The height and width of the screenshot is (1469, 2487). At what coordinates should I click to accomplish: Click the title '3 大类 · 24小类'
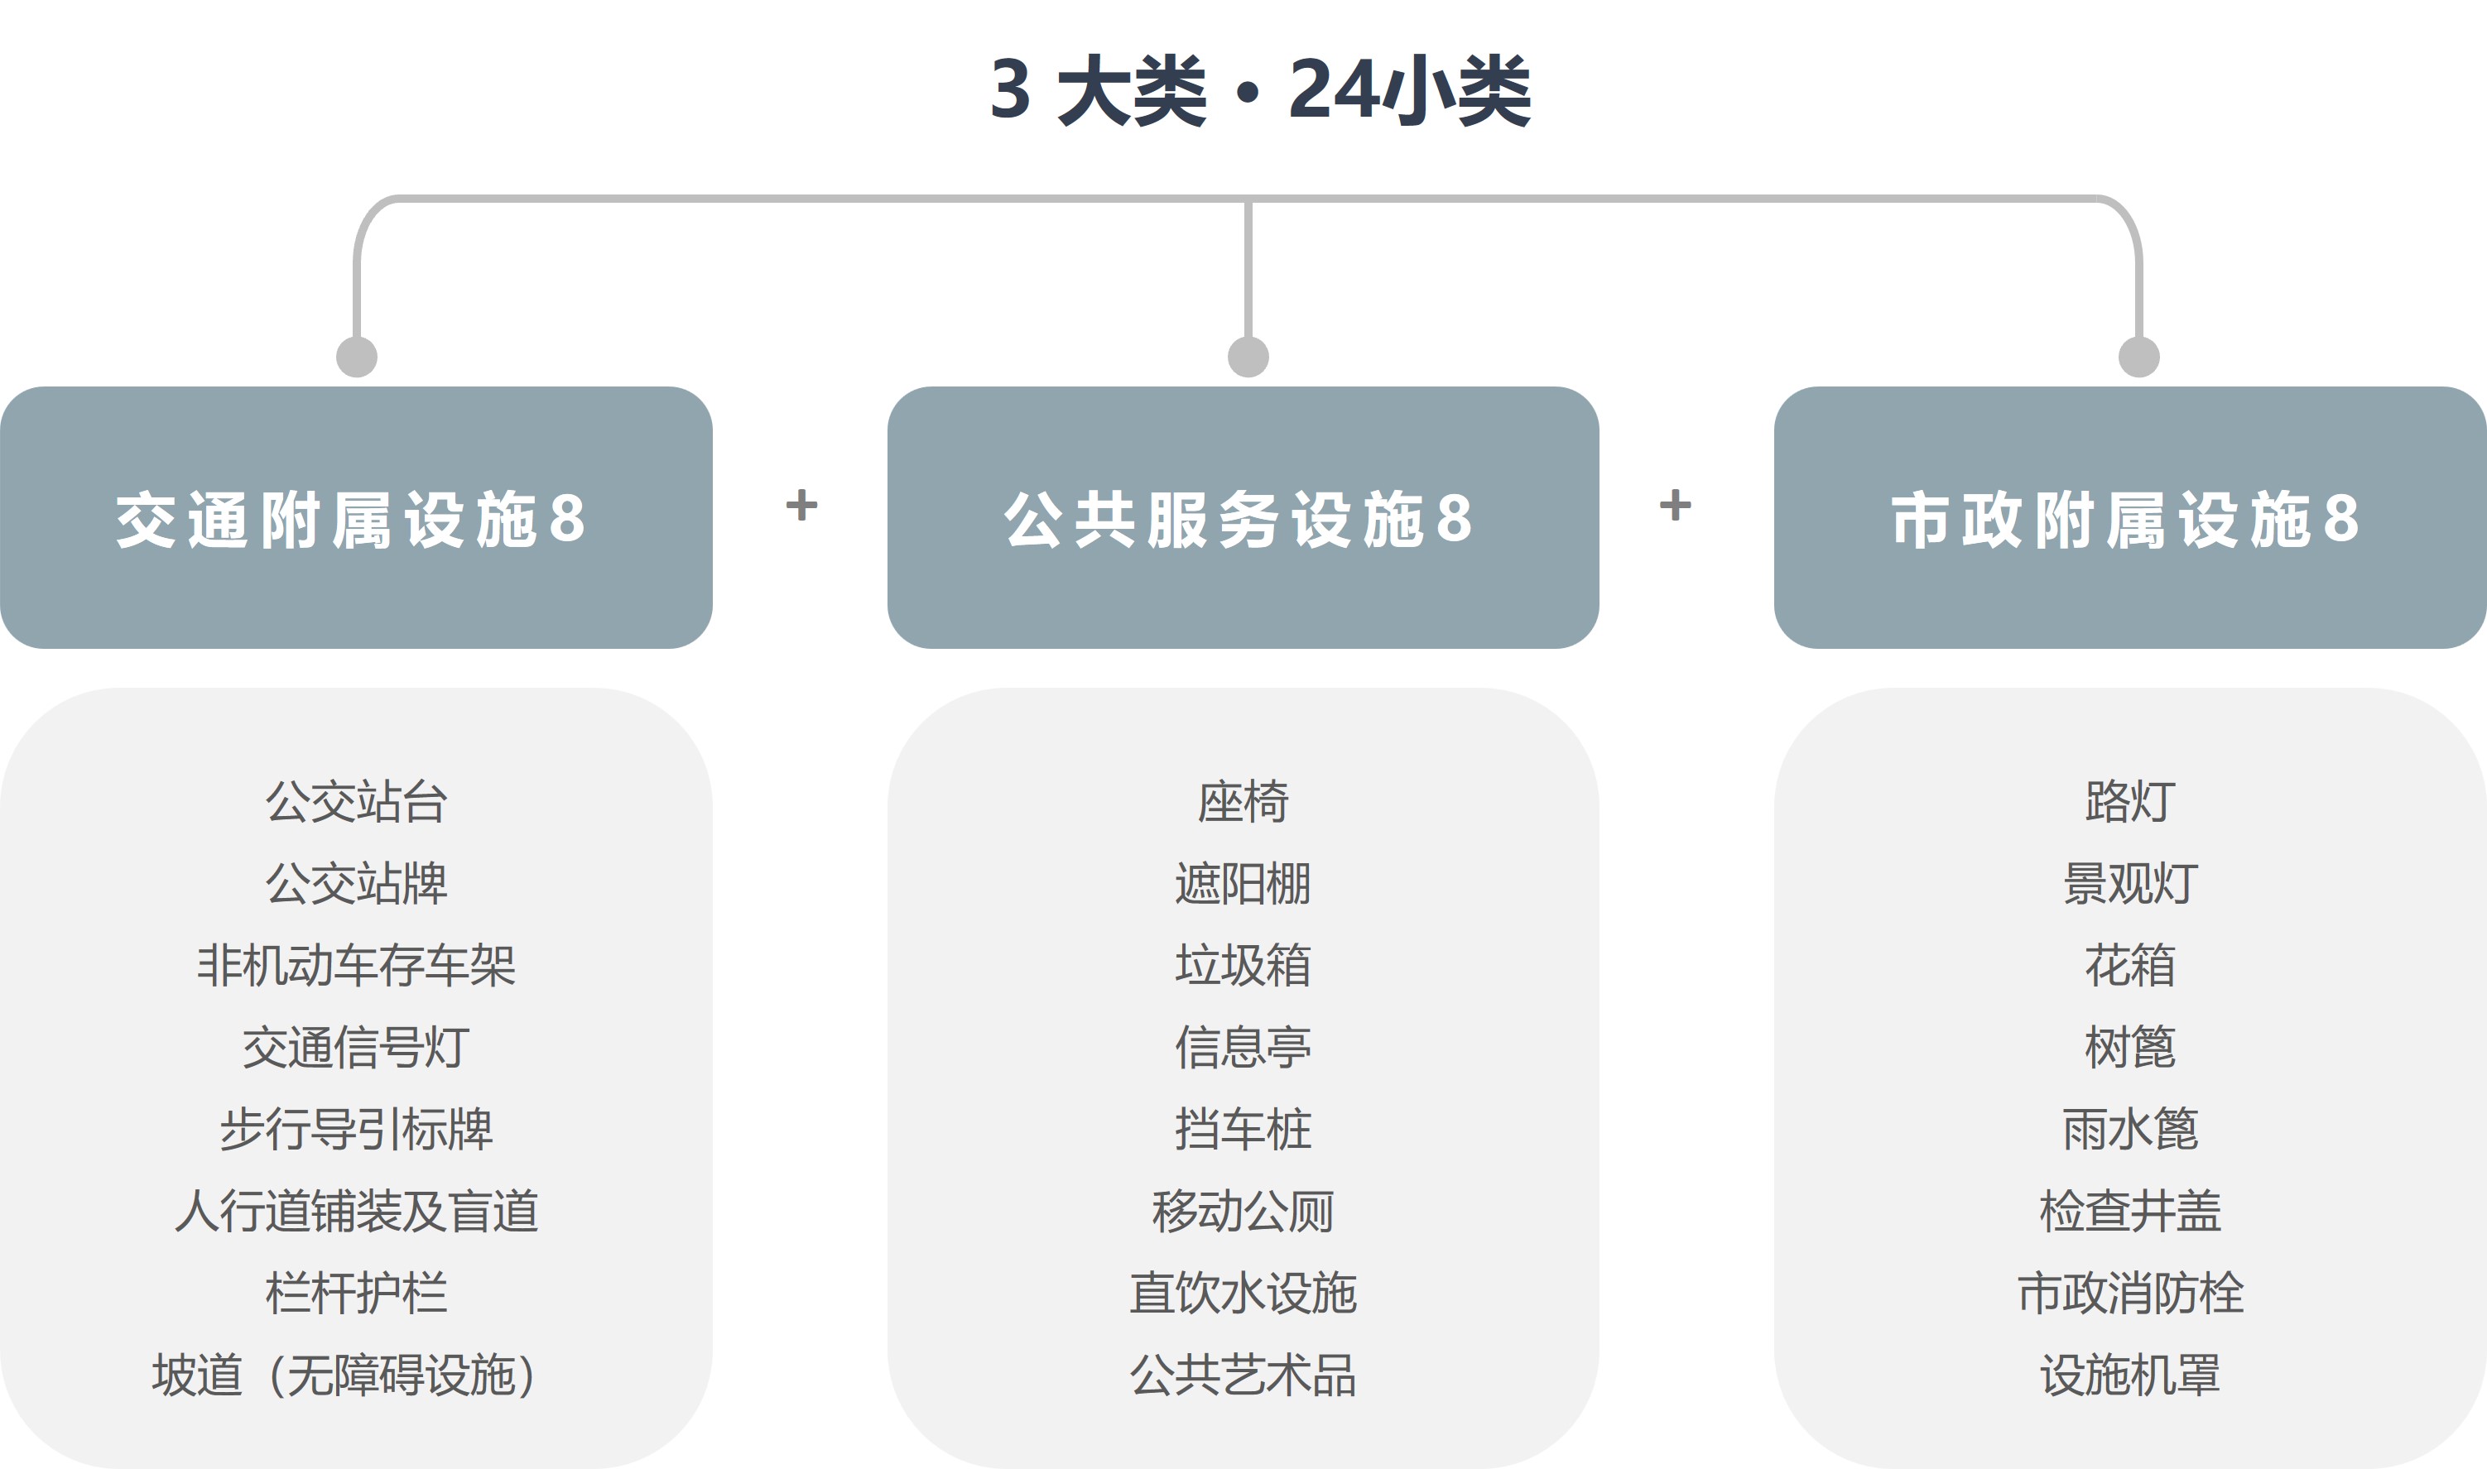click(1260, 90)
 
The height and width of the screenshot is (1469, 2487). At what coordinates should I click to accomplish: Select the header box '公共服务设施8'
click(1243, 518)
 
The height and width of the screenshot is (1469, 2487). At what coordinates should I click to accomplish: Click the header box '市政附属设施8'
click(2129, 518)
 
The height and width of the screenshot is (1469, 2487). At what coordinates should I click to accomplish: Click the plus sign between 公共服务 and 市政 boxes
click(1675, 505)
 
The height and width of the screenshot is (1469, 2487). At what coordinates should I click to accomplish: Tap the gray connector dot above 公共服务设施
click(1248, 357)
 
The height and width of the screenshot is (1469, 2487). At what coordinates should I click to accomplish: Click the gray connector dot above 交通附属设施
click(357, 357)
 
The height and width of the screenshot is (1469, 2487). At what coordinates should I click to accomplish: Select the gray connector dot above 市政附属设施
click(2138, 357)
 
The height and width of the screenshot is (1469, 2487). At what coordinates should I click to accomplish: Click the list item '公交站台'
click(357, 802)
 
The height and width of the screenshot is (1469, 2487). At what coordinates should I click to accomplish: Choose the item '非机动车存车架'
click(357, 965)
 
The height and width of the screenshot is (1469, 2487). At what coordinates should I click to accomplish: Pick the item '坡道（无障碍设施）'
click(344, 1375)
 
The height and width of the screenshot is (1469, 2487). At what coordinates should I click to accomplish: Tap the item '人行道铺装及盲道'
click(357, 1211)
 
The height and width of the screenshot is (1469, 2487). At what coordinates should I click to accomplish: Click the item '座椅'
click(1243, 802)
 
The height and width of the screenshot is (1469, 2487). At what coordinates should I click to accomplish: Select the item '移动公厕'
click(1243, 1211)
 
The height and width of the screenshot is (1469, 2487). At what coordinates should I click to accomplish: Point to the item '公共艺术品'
click(1243, 1375)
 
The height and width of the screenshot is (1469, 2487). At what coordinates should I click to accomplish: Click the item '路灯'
click(2130, 802)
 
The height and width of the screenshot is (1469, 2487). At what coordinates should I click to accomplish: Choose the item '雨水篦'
click(2130, 1130)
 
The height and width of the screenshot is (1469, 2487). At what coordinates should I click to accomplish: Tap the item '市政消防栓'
click(2130, 1293)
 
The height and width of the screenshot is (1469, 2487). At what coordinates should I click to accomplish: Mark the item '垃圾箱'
click(1243, 965)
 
